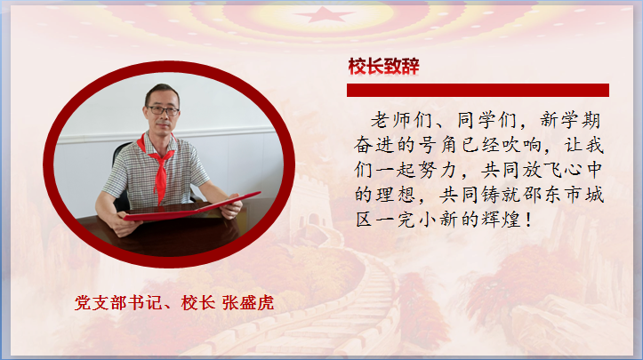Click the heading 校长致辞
[x=383, y=67]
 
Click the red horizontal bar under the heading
[x=478, y=90]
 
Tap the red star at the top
[x=324, y=15]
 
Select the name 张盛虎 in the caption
[x=248, y=303]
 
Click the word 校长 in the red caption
[x=198, y=303]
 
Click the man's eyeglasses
[x=163, y=110]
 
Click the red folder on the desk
[x=192, y=208]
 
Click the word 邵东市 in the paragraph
[x=553, y=195]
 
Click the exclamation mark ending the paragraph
[x=528, y=220]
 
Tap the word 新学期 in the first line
[x=570, y=121]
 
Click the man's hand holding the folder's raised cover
[x=231, y=207]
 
